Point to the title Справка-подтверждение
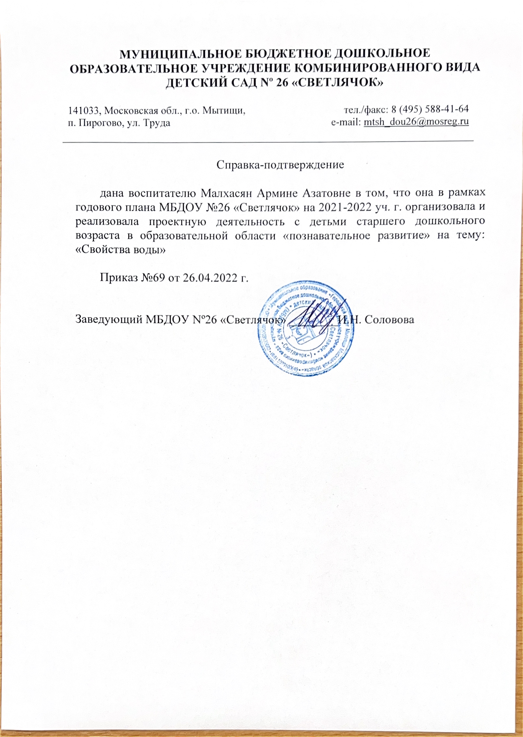[280, 165]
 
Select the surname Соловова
[389, 320]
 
